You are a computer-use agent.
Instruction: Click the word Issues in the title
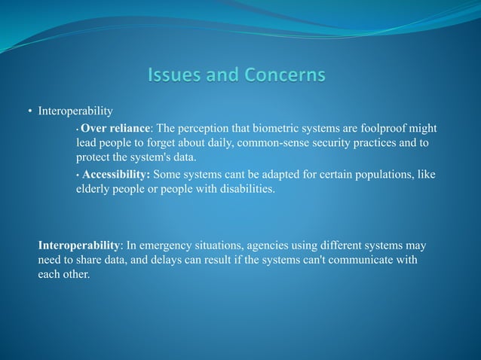[x=172, y=75]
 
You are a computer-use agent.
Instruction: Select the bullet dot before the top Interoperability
[x=30, y=112]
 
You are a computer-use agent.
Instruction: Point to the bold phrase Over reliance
[x=117, y=127]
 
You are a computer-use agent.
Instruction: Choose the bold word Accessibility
[x=116, y=175]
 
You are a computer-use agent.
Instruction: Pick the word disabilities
[x=245, y=189]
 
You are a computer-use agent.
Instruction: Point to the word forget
[x=167, y=142]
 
